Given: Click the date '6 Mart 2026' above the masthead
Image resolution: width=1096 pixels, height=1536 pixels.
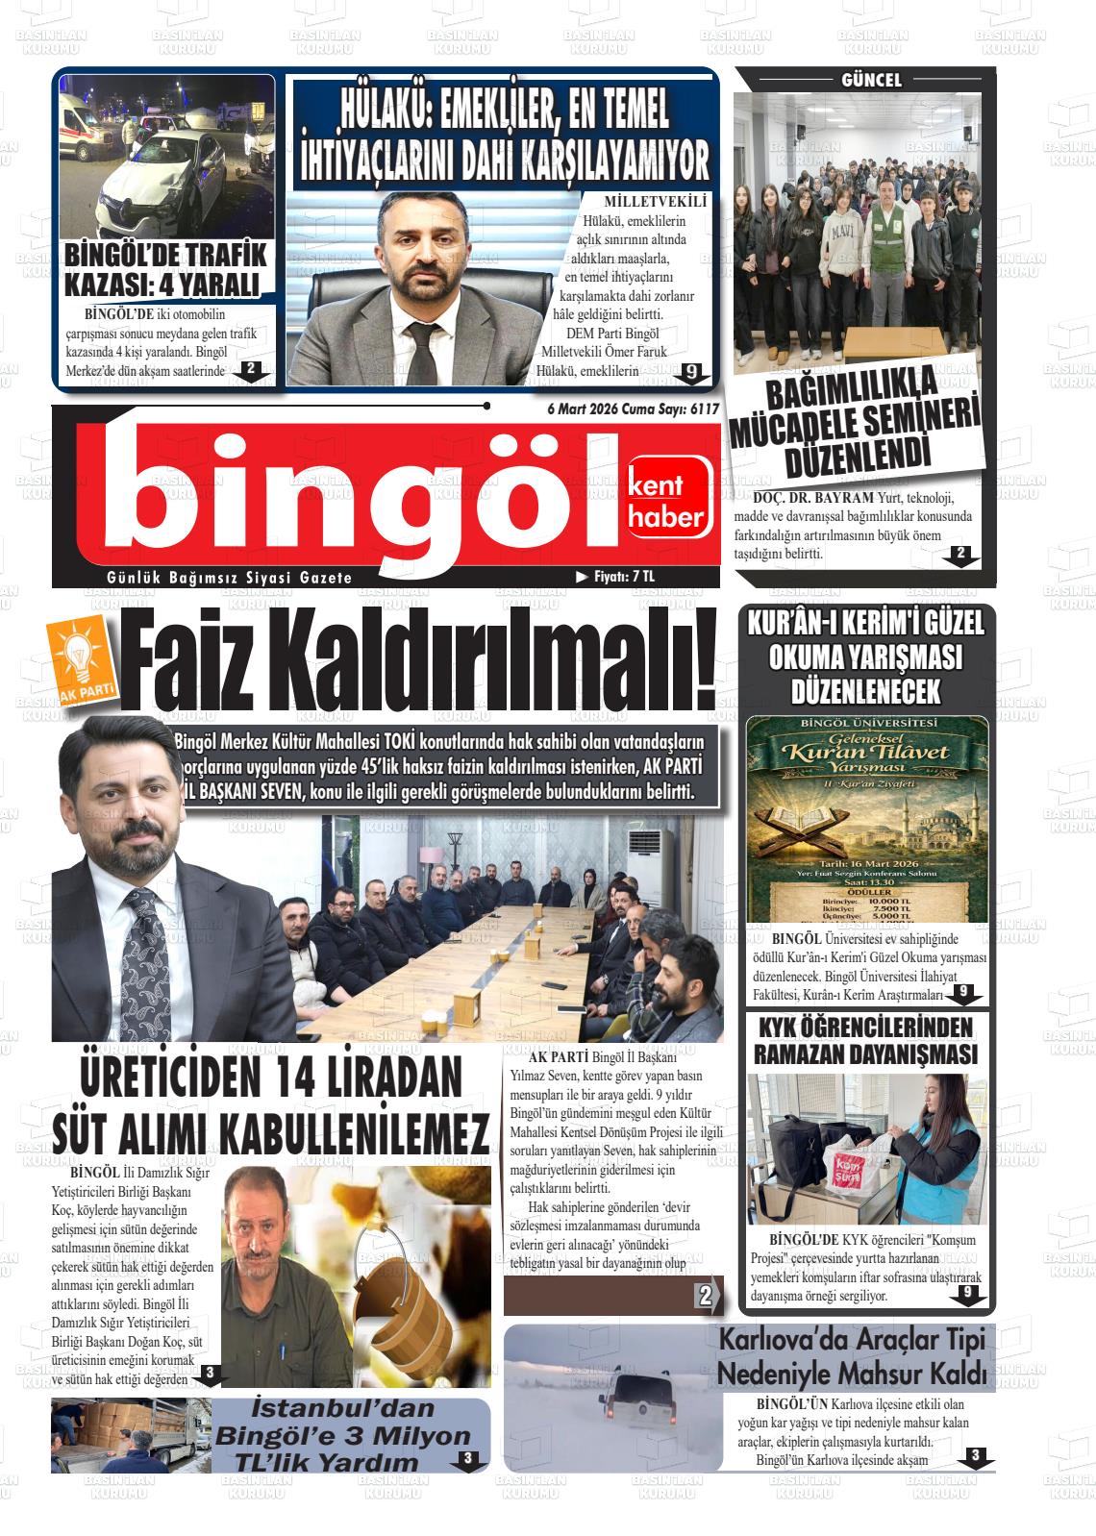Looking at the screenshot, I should [x=582, y=409].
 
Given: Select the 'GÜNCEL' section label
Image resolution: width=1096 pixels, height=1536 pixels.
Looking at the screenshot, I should [x=871, y=81].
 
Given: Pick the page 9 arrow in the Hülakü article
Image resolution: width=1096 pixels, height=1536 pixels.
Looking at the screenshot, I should [x=690, y=374].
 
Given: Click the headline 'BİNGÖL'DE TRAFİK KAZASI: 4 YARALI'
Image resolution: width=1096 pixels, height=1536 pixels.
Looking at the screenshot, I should [x=164, y=270].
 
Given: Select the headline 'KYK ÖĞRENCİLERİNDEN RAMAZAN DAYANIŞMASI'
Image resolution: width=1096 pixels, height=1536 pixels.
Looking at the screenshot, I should [x=866, y=1040].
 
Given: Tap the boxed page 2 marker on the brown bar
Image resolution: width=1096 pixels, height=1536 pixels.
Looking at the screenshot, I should [x=707, y=1297].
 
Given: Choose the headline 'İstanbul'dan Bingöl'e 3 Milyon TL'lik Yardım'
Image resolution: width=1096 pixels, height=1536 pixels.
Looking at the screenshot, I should [x=343, y=1435].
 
